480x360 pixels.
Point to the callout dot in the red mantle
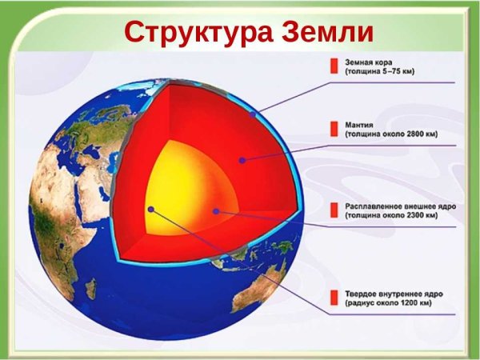click(x=241, y=160)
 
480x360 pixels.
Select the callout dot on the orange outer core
click(x=216, y=211)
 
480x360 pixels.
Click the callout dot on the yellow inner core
click(x=150, y=210)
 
